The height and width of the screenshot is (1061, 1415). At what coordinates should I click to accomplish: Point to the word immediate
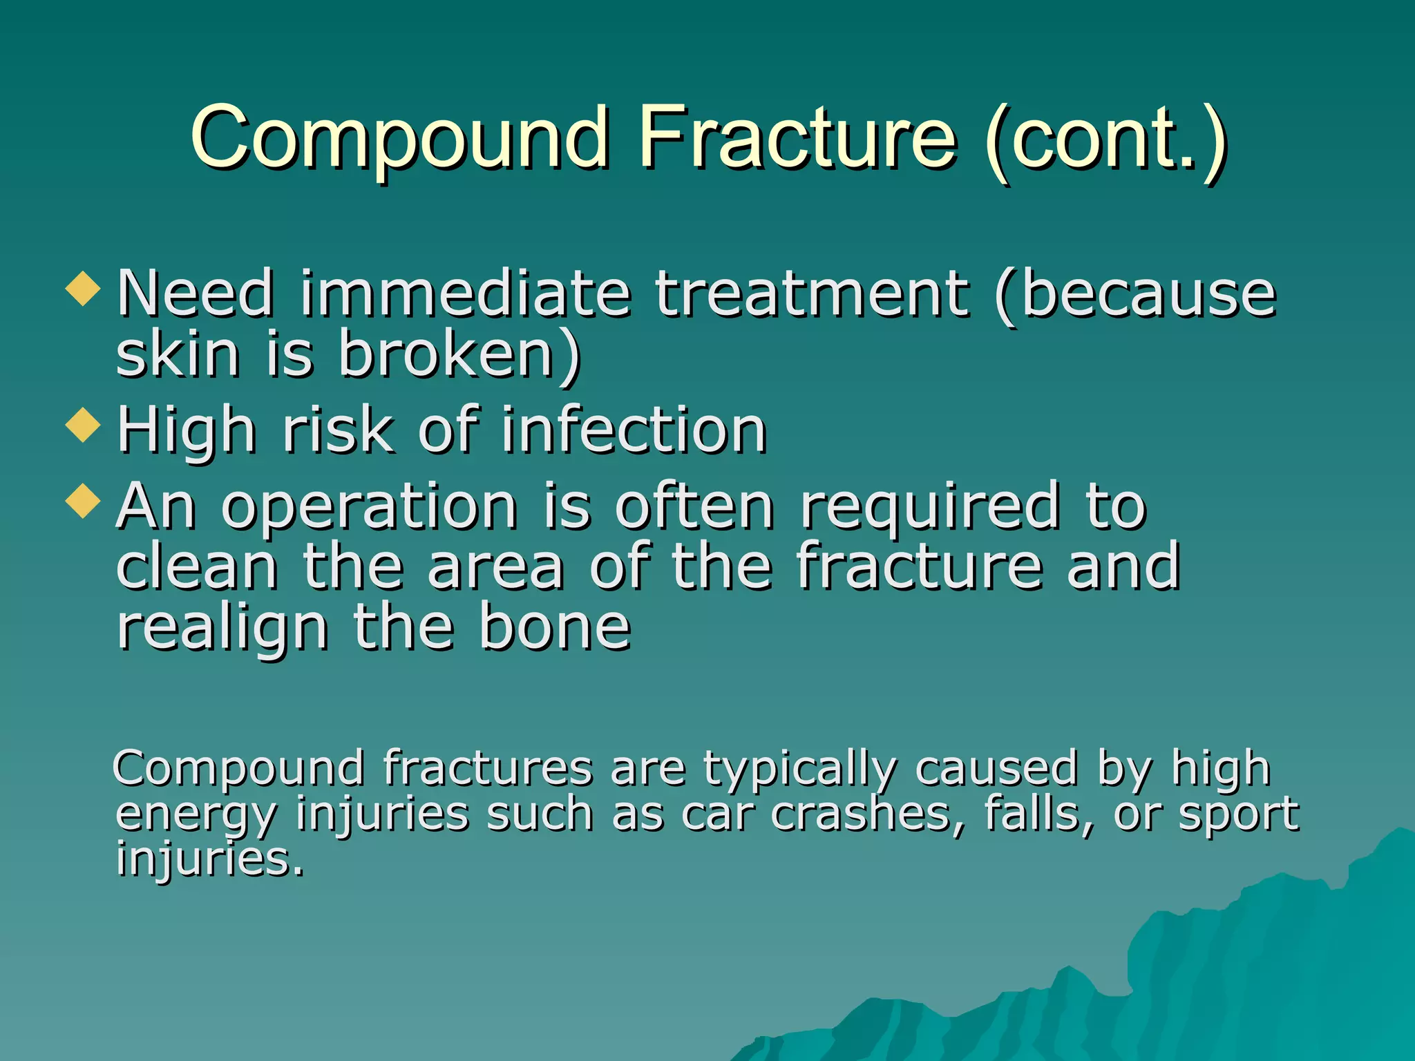click(x=464, y=294)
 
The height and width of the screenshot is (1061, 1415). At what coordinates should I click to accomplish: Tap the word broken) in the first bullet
click(x=459, y=354)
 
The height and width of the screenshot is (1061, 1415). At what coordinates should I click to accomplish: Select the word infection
click(x=633, y=430)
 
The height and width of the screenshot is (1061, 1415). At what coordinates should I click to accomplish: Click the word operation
click(x=369, y=508)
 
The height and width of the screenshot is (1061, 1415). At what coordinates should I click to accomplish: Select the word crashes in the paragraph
click(x=868, y=814)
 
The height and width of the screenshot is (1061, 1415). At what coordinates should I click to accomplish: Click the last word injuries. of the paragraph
click(x=209, y=860)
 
